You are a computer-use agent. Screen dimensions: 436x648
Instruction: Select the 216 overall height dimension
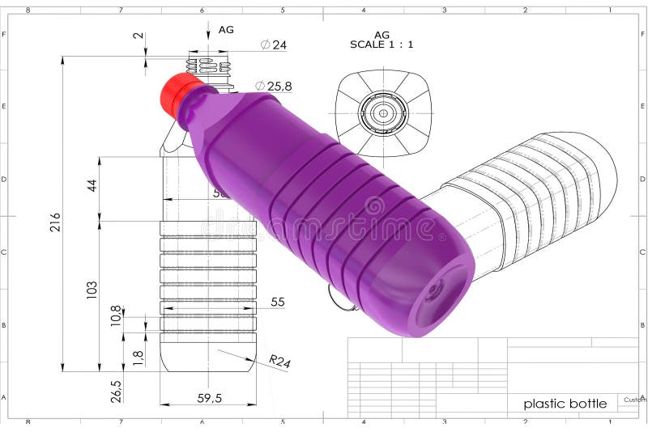coord(55,222)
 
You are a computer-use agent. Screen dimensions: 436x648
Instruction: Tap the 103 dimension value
coord(92,290)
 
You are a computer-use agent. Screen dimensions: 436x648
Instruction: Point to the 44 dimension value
coord(92,185)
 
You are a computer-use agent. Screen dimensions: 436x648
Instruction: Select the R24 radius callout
coord(279,362)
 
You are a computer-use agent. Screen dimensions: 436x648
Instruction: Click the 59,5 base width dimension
coord(208,397)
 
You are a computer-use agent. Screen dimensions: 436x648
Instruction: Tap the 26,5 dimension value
coord(117,391)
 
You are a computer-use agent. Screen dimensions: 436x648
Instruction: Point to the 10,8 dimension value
coord(116,315)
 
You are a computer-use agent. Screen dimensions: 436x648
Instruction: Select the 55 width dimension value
coord(277,302)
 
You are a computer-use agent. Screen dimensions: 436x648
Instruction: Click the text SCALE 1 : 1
coord(382,44)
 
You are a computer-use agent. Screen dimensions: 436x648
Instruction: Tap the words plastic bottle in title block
coord(565,403)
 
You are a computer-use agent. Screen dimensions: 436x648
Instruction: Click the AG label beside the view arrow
coord(226,29)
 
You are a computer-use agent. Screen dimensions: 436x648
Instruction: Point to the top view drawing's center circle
coord(384,112)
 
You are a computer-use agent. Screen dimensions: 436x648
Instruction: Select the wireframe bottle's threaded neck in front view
coord(208,68)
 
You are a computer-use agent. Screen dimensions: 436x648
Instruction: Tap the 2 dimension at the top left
coord(137,36)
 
